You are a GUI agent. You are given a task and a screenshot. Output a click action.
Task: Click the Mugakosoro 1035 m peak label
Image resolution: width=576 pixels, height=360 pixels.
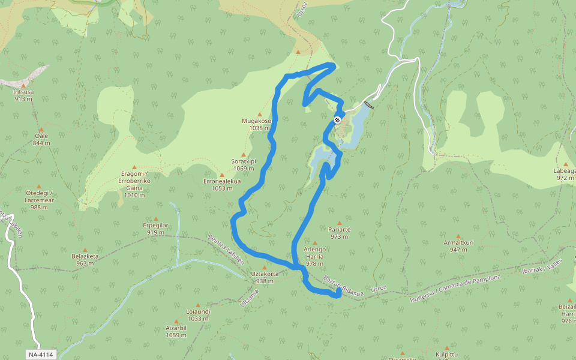click(x=257, y=124)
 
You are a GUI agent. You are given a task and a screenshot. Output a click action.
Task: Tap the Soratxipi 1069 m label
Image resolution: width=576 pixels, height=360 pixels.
click(x=244, y=164)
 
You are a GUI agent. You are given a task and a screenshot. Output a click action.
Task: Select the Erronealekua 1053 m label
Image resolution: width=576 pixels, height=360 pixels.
click(x=222, y=184)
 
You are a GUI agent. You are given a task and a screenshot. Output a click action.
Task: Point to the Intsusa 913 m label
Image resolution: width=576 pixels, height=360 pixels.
click(x=23, y=95)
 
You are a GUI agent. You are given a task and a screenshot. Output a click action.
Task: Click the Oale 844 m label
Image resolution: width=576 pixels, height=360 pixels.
click(x=41, y=139)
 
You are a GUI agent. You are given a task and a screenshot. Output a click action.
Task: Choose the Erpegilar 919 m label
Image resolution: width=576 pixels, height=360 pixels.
click(x=155, y=229)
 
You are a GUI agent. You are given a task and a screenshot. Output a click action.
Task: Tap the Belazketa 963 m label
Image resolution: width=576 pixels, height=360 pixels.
click(x=85, y=259)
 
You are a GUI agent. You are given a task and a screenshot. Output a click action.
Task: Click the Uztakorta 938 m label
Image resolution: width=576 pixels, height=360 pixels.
click(x=265, y=277)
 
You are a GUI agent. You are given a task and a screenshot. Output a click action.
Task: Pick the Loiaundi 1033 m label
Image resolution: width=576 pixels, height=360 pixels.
click(x=198, y=315)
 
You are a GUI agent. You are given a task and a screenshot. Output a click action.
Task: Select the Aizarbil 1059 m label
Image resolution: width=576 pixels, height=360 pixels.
click(x=176, y=331)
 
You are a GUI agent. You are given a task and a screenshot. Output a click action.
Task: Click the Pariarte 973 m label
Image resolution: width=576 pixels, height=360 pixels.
click(x=339, y=233)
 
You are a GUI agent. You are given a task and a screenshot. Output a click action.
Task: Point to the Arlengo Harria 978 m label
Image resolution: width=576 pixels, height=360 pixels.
click(x=314, y=256)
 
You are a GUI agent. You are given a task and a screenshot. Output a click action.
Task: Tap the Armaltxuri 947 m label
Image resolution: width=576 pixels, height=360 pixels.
click(x=459, y=246)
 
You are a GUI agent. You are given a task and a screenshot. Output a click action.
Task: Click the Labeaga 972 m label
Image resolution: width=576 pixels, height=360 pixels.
click(x=565, y=174)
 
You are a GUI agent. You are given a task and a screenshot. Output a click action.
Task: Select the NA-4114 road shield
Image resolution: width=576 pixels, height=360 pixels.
click(x=41, y=355)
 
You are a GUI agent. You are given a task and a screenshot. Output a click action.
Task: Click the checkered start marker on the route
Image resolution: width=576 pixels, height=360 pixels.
click(x=337, y=120)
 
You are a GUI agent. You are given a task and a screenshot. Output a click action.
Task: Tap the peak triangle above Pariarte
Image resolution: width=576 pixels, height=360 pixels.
click(x=339, y=223)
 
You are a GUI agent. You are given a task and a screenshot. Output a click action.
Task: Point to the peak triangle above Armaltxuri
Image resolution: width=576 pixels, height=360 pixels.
click(x=459, y=236)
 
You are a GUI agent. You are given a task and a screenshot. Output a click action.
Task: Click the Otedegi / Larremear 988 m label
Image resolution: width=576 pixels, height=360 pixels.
click(x=39, y=200)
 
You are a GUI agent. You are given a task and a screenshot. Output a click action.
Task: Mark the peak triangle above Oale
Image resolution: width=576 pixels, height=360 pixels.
click(x=41, y=129)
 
